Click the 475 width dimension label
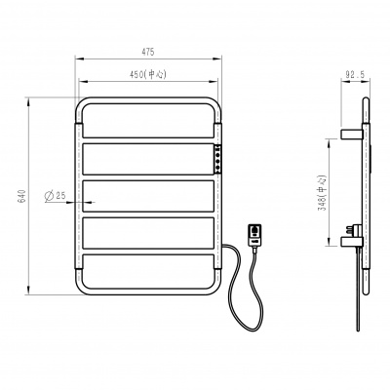coord(147,52)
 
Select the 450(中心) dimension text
coord(148,75)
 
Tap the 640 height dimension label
coord(21,196)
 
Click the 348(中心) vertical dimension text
coord(322,193)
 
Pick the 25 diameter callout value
coord(60,195)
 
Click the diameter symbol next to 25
coord(49,196)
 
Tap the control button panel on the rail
coord(218,158)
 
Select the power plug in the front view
coord(254,236)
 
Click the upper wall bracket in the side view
coord(352,134)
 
